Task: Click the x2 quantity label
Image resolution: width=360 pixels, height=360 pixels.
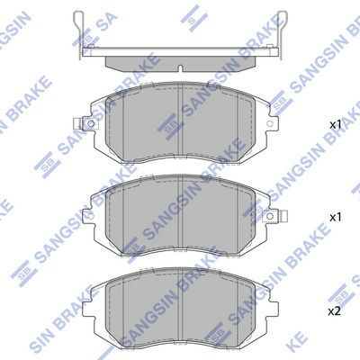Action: pyautogui.click(x=334, y=312)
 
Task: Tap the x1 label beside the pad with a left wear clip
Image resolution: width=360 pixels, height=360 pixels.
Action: pyautogui.click(x=336, y=125)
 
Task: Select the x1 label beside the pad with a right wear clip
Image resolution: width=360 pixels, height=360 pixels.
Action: pyautogui.click(x=336, y=218)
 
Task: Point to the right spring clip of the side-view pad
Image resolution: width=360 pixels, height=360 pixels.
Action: pyautogui.click(x=282, y=34)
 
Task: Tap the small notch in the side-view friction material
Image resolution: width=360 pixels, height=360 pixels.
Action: pyautogui.click(x=180, y=68)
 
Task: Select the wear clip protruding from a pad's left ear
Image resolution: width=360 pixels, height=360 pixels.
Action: pyautogui.click(x=77, y=123)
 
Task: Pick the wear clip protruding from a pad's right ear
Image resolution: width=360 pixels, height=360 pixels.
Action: pyautogui.click(x=283, y=215)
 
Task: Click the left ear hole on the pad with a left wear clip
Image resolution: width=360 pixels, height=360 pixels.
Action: pyautogui.click(x=91, y=123)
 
